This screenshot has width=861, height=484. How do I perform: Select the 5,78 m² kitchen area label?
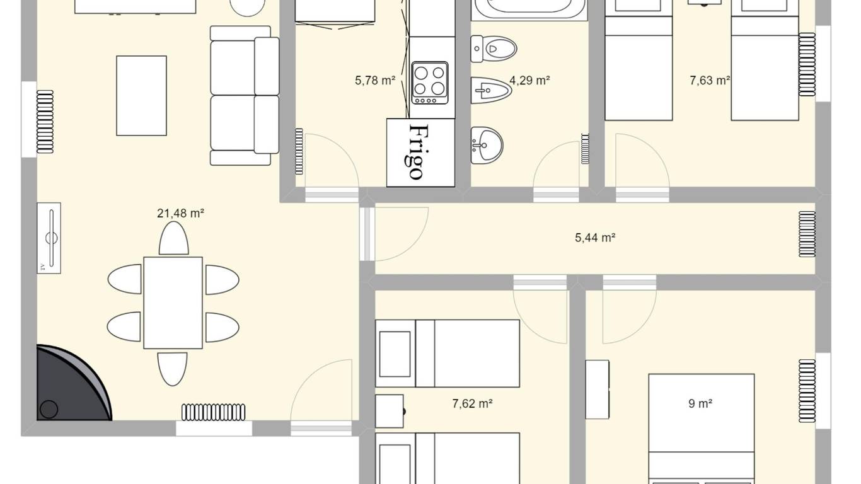[x=375, y=80]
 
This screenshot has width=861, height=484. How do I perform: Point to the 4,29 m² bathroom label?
[x=529, y=80]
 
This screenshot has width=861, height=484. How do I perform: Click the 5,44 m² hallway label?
[x=594, y=238]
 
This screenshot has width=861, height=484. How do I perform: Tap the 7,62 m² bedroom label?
[x=472, y=404]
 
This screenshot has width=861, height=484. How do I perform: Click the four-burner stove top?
[x=430, y=83]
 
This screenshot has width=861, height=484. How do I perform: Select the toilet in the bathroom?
[x=494, y=49]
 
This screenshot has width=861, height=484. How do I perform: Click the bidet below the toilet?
[x=491, y=91]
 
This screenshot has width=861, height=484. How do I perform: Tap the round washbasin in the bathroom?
[x=487, y=146]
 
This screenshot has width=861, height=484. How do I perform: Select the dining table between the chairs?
[x=173, y=303]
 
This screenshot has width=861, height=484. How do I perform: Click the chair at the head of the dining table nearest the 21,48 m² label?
[x=174, y=238]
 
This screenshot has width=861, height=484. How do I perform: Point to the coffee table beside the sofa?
[x=141, y=96]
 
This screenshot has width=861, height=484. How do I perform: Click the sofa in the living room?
[x=245, y=96]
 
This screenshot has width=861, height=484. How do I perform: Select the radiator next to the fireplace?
[x=213, y=412]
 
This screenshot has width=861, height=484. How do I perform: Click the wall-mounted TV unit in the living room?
[x=49, y=238]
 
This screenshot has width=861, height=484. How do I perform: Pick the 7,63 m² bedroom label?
[x=710, y=80]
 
